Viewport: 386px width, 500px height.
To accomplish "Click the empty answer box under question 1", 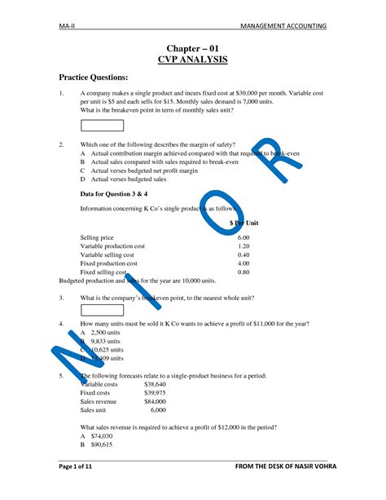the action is click(x=102, y=125).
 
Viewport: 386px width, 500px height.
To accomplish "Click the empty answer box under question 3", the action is click(x=102, y=310).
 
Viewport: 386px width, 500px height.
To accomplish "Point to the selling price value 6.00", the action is click(x=243, y=237).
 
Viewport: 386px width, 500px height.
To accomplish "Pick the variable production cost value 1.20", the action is click(x=243, y=246).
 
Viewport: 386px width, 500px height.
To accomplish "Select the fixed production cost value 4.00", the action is click(x=243, y=263).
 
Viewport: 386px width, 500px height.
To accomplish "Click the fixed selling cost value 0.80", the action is click(x=243, y=272).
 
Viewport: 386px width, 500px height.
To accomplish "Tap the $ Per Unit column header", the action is click(x=243, y=223).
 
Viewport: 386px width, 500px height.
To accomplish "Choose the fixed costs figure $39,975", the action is click(x=155, y=392).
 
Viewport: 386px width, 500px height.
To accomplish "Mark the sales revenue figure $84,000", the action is click(x=155, y=401).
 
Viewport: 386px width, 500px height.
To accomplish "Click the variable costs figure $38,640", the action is click(x=155, y=383).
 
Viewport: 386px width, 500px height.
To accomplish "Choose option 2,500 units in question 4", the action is click(x=107, y=333).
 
